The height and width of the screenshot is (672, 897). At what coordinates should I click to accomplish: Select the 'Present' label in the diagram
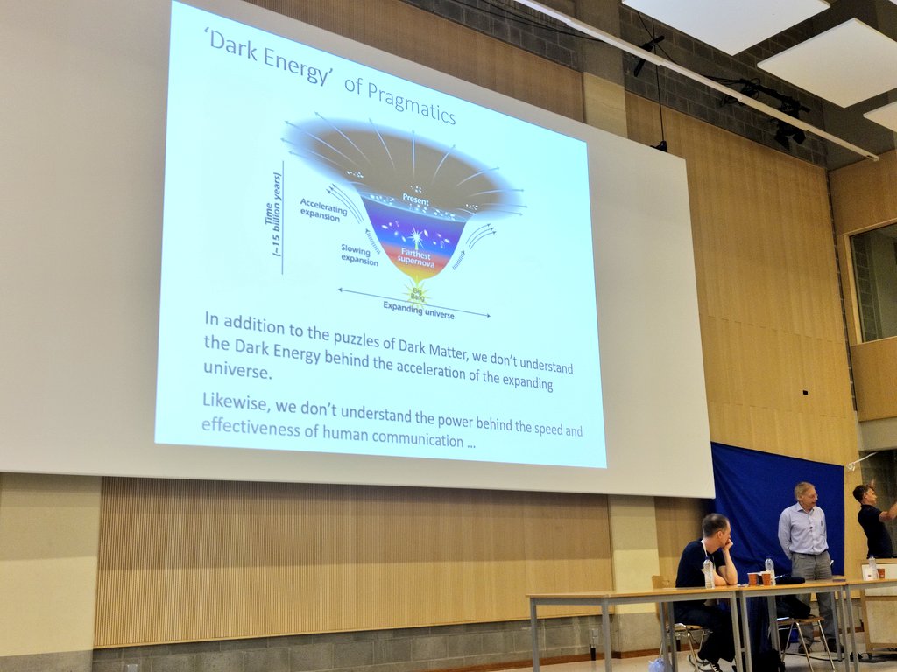tap(415, 200)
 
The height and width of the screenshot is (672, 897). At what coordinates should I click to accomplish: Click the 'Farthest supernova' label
tap(413, 255)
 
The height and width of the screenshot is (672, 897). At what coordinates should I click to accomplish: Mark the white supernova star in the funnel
tap(415, 236)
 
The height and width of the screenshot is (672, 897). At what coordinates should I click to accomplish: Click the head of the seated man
tap(716, 528)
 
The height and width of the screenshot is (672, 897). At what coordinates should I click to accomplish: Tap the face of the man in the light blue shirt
tap(807, 495)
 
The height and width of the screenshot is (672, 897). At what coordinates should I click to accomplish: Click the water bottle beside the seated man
tap(708, 573)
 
